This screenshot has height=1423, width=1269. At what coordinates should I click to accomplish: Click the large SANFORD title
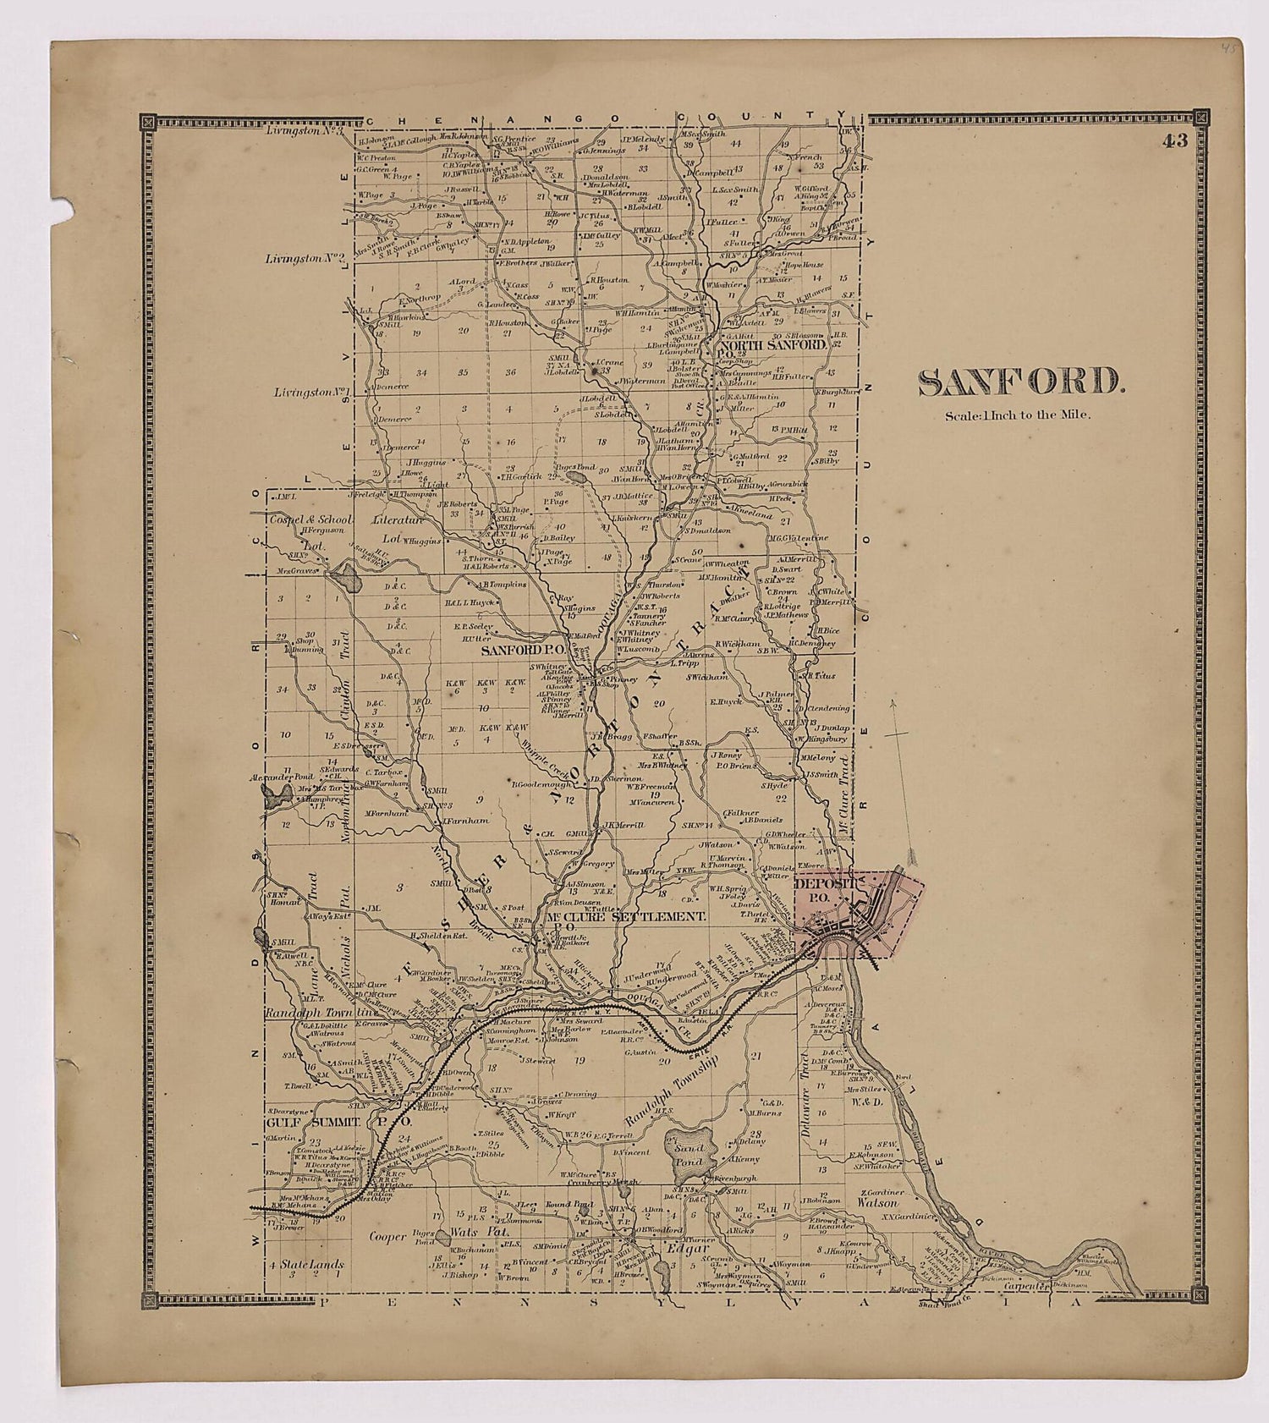coord(1021,382)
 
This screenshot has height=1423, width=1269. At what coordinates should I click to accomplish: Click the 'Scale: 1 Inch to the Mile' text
coord(1018,415)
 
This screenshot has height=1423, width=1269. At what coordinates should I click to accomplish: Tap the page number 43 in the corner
coord(1174,141)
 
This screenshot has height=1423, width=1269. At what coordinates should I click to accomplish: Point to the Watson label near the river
coord(877,1201)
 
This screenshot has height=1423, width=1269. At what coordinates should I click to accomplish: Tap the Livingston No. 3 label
coord(303,130)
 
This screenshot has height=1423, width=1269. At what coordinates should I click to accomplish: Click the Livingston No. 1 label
coord(312,393)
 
